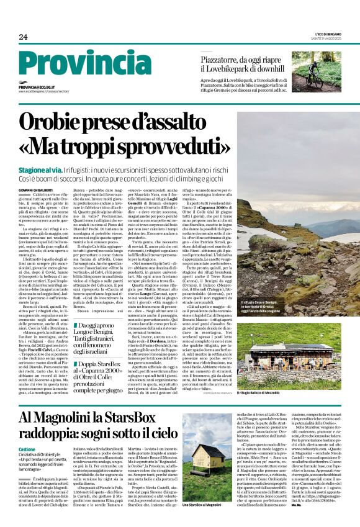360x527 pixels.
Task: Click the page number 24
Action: [24, 37]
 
